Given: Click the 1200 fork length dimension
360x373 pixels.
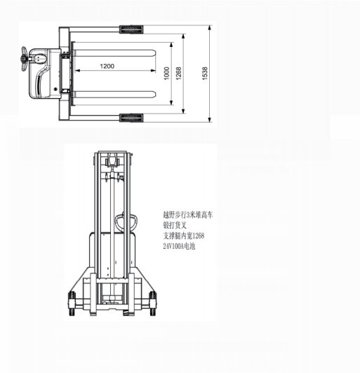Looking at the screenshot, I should (x=107, y=66).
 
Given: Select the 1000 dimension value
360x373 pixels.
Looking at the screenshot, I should (x=166, y=74).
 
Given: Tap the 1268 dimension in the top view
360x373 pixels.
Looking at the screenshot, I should (x=179, y=73).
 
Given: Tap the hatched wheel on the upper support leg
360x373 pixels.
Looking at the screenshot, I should (x=132, y=30).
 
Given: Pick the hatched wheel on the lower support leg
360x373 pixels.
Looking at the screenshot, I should (x=132, y=116).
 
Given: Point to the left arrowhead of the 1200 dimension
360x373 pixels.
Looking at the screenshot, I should (x=78, y=71).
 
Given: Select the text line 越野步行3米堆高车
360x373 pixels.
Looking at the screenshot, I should (x=187, y=217).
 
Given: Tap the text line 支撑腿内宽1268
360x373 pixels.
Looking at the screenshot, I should (x=184, y=237).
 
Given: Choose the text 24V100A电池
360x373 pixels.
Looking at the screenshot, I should (x=180, y=247).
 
